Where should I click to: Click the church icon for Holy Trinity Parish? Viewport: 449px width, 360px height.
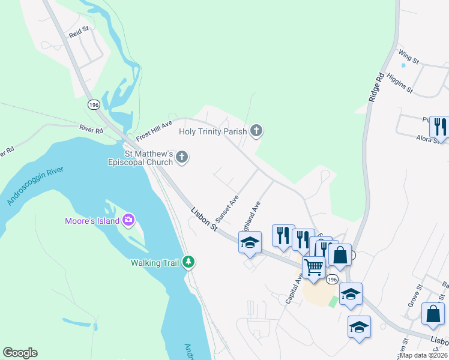click(256, 130)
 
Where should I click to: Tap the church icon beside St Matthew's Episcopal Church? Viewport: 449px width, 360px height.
click(182, 157)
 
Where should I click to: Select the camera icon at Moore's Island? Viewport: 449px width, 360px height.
click(128, 220)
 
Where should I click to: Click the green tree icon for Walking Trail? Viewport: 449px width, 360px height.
click(188, 262)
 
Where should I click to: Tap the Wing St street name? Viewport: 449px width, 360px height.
click(408, 57)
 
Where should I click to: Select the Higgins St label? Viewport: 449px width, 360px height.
click(400, 83)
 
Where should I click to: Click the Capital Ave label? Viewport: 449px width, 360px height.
click(295, 289)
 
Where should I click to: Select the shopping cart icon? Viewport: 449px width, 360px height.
click(313, 267)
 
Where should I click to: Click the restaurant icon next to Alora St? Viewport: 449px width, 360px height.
click(439, 127)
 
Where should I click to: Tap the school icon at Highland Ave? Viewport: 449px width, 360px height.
click(250, 243)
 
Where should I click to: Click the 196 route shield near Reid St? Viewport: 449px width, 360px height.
click(94, 104)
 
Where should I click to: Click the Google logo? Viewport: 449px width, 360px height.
click(20, 353)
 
